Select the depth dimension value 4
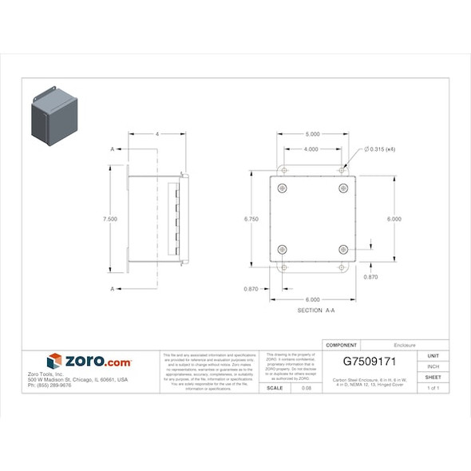[x=157, y=134]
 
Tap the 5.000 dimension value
[x=312, y=134]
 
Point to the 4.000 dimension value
[x=311, y=149]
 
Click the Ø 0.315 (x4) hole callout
[x=386, y=149]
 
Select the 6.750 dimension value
[x=251, y=219]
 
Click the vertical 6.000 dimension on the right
[x=394, y=219]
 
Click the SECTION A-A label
[x=315, y=310]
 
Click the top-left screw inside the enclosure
[x=283, y=188]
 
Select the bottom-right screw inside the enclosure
[x=343, y=249]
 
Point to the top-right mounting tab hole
[x=342, y=170]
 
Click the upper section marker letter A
[x=113, y=149]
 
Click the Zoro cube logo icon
[x=54, y=362]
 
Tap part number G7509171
[x=369, y=361]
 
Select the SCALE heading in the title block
[x=274, y=388]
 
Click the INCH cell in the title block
[x=433, y=366]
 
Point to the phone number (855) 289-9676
[x=49, y=386]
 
